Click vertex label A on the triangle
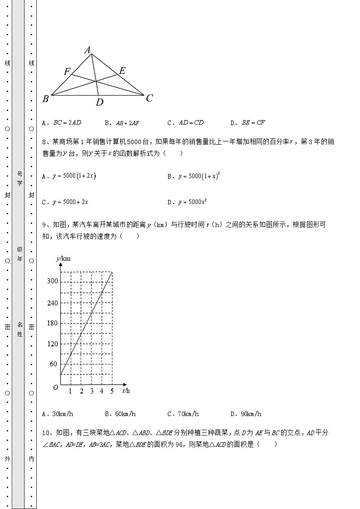click(x=88, y=50)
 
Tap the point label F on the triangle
click(x=67, y=72)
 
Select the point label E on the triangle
click(x=122, y=70)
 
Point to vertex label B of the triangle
click(x=45, y=99)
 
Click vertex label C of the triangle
click(x=149, y=98)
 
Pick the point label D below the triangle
click(x=99, y=102)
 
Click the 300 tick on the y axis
click(x=53, y=281)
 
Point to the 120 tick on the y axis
click(x=53, y=344)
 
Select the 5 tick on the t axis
click(x=112, y=391)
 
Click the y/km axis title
click(x=63, y=258)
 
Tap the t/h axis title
click(x=126, y=391)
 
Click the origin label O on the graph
click(x=55, y=388)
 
